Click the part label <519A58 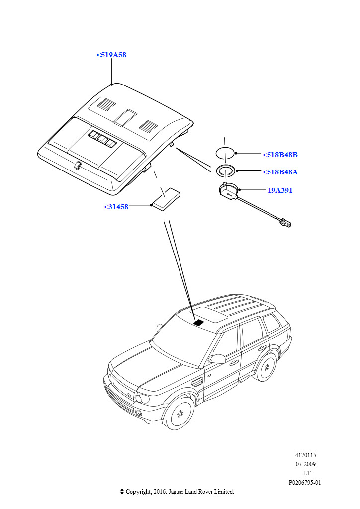(x=111, y=55)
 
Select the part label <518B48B (x=280, y=155)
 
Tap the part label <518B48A (x=280, y=172)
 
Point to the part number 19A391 (x=280, y=190)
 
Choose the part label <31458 (x=116, y=207)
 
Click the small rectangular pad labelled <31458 (x=166, y=199)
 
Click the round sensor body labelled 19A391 (x=229, y=191)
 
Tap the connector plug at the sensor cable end (x=285, y=223)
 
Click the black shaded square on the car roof (x=199, y=323)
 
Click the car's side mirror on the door (x=218, y=358)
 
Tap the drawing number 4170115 (x=305, y=455)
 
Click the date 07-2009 (x=305, y=464)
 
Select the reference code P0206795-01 (x=305, y=482)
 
